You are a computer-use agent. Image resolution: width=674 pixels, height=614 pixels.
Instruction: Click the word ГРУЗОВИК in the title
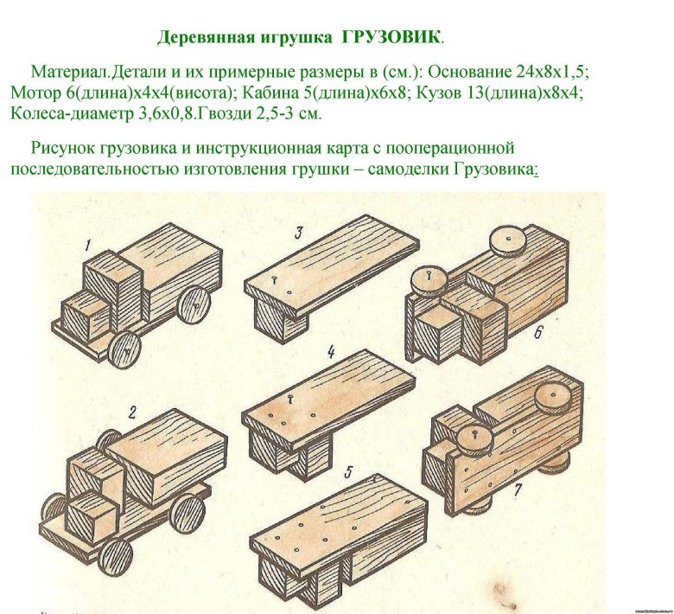(x=391, y=38)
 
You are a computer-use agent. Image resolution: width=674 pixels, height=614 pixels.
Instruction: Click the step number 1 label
(x=87, y=247)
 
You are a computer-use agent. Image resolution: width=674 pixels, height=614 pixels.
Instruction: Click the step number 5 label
(x=347, y=471)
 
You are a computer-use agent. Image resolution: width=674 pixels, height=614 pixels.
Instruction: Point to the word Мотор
(x=35, y=93)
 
